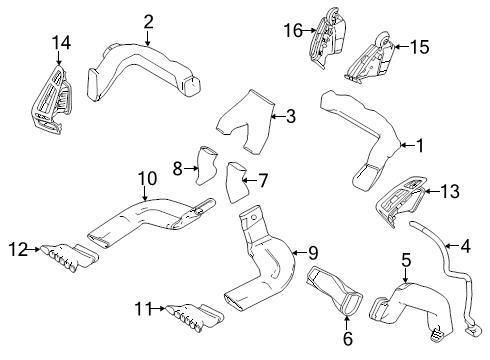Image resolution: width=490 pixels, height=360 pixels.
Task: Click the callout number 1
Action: [x=420, y=146]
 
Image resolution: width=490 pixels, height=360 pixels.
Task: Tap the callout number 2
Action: [x=148, y=21]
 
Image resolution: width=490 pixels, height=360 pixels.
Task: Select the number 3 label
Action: [x=291, y=117]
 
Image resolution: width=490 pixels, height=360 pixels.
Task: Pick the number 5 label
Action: [x=405, y=260]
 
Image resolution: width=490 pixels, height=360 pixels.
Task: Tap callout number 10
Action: [x=147, y=178]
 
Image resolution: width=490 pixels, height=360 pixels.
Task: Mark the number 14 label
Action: [x=62, y=41]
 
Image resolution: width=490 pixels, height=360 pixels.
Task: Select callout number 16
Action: [x=293, y=31]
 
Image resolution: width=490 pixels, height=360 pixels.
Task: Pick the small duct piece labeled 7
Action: [x=238, y=181]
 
